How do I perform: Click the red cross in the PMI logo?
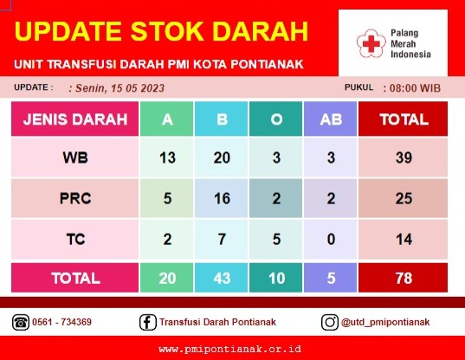coord(371,43)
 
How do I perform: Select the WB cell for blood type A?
coord(166,157)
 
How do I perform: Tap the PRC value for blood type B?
coord(221,198)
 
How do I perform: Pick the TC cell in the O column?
coord(276,239)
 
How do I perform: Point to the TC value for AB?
coord(331,239)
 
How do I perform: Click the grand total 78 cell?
coord(403,278)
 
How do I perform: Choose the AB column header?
coord(331,119)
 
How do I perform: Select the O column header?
coord(276,119)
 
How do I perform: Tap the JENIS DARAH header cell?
coord(75,119)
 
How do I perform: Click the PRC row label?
coord(75,198)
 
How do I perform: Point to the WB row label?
coord(75,157)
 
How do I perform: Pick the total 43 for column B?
coord(221,278)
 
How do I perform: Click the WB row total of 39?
coord(403,157)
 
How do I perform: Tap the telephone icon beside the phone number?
coord(21,322)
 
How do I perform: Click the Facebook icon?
coord(148,322)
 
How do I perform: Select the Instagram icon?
coord(329,322)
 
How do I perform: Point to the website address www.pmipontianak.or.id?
coord(229,349)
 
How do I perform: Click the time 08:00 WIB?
coord(415,88)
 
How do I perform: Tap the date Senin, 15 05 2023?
coord(119,88)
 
